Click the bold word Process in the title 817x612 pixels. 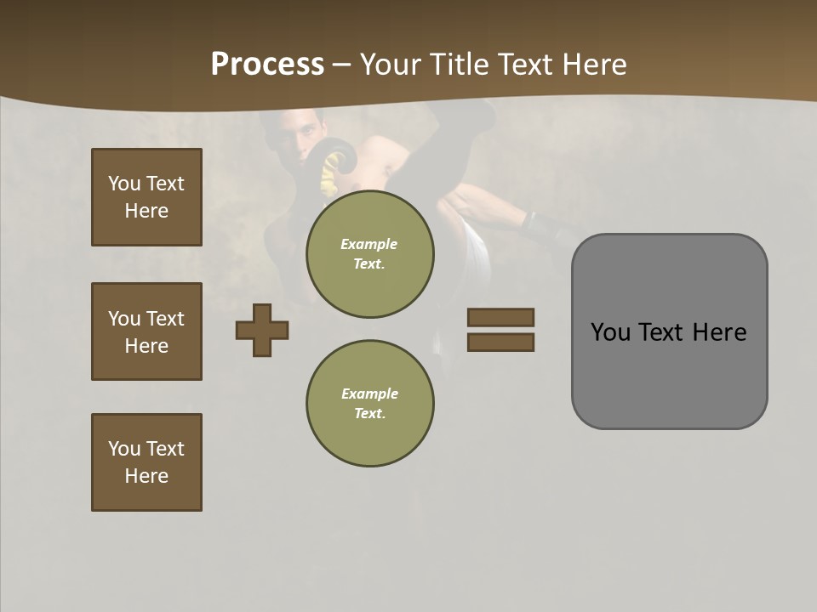267,65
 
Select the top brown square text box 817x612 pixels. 146,197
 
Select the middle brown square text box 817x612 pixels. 146,331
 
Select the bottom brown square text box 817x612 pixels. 146,462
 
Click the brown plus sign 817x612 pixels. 262,330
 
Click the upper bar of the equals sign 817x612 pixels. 500,317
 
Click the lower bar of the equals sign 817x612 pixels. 500,343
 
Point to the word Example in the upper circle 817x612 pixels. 369,244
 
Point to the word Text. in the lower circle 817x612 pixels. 369,413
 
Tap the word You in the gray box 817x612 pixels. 610,332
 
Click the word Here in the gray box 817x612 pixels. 719,332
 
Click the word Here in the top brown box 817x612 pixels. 146,211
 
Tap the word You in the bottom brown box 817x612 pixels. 123,449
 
